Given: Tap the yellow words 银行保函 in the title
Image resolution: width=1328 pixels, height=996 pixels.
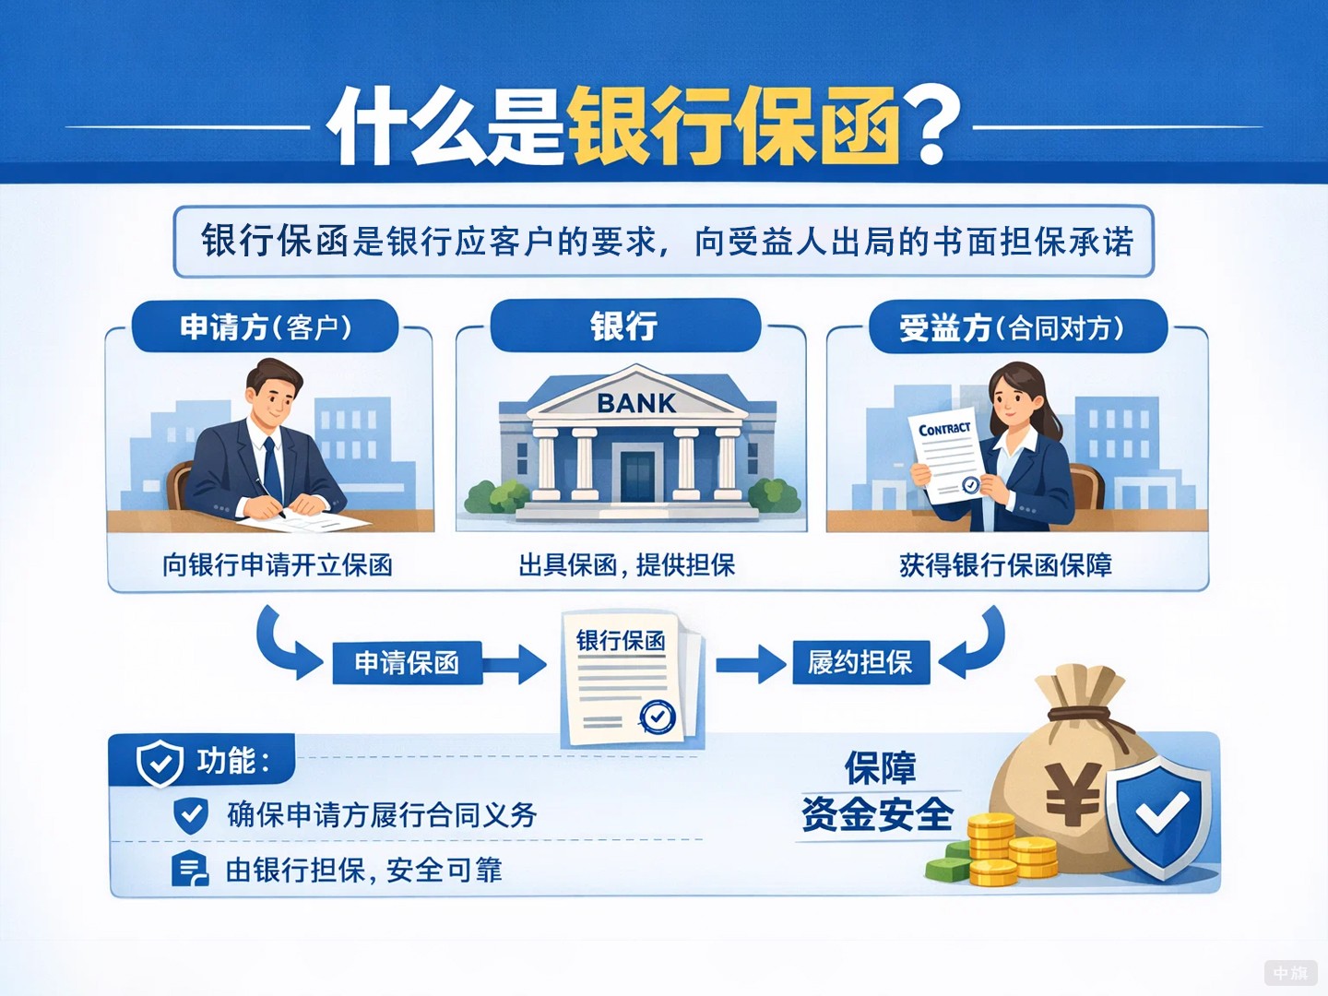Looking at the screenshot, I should [733, 126].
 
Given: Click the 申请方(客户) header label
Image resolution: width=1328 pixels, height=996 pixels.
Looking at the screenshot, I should [266, 326].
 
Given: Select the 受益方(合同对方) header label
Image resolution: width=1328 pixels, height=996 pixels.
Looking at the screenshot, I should [1012, 327].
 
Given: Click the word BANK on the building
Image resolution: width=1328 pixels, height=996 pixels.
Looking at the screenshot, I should [635, 403].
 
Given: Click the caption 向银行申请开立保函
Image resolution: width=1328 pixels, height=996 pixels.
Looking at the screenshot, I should [278, 564].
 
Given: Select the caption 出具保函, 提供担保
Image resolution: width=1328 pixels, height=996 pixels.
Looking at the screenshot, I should [627, 564].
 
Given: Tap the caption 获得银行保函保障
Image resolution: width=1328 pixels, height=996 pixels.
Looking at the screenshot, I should [1005, 564].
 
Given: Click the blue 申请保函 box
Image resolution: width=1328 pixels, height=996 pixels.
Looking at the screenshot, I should [407, 662].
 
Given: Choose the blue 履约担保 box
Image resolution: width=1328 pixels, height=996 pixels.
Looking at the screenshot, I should [860, 662].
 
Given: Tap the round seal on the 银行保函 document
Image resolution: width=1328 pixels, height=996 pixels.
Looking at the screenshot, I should [658, 716].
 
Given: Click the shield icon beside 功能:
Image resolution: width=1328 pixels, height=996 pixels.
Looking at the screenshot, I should [160, 763].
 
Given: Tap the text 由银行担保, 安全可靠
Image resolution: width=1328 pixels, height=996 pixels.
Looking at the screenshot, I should [364, 870].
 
